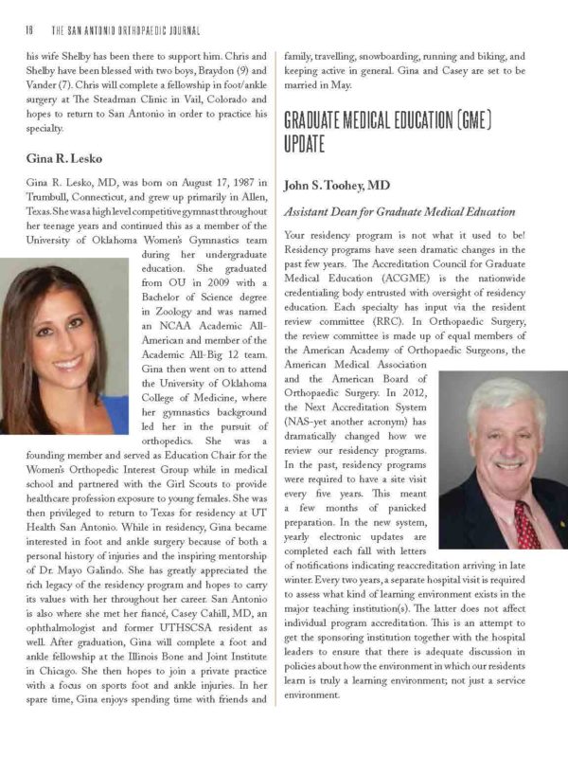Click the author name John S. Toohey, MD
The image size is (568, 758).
(337, 185)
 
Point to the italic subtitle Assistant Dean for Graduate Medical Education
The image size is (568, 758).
(398, 210)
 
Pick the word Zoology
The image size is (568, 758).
(195, 312)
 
